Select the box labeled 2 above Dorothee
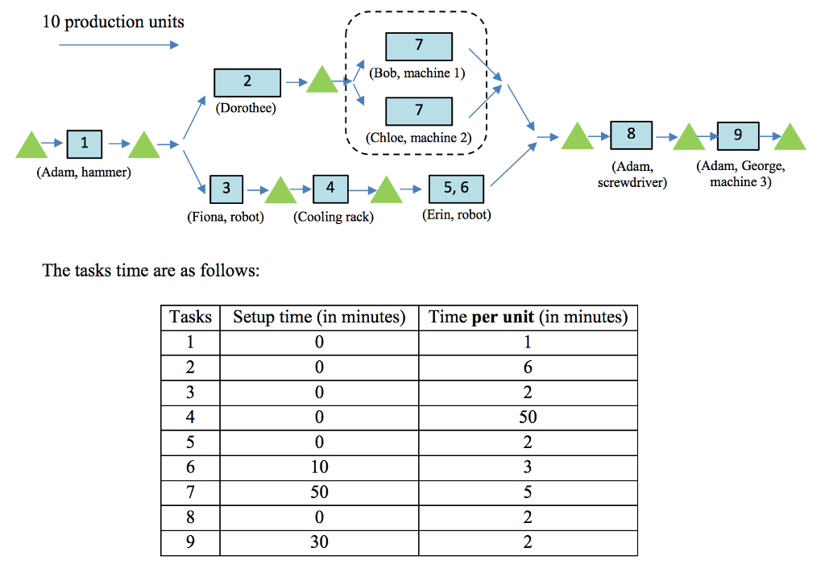point(247,81)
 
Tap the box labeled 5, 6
point(456,189)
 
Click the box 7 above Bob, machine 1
point(418,46)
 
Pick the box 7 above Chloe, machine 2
point(418,110)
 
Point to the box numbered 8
point(631,135)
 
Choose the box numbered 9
point(738,135)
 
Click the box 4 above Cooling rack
point(330,188)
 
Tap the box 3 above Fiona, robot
point(226,188)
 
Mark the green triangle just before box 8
point(577,137)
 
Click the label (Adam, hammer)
point(84,172)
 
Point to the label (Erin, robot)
point(456,215)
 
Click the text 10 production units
point(114,22)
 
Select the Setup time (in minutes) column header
point(319,317)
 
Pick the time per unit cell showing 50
point(528,417)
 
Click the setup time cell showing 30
point(319,542)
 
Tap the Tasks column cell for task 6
point(190,467)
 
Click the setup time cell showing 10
point(319,467)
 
